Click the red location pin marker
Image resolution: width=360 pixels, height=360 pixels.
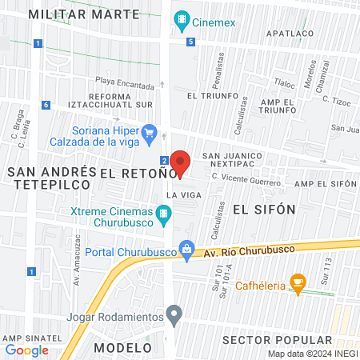point(180,162)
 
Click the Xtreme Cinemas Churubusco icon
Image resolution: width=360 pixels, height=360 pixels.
point(164,213)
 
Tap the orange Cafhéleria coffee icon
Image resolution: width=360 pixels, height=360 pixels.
point(298,281)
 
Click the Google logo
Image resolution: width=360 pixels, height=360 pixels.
point(26,350)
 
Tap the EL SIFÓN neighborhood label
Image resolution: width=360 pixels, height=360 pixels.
point(264,210)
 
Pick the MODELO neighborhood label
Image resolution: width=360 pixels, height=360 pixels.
point(122,348)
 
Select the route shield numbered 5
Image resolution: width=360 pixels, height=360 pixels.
point(190,42)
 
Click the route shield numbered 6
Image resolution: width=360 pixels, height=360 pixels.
point(46,105)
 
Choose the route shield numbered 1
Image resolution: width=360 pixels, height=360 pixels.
point(30,272)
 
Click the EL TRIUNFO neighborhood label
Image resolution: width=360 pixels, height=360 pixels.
point(208,95)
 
